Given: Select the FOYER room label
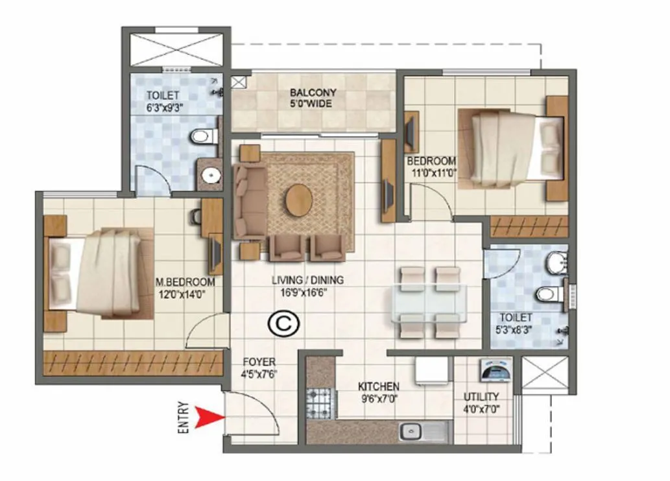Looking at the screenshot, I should tap(259, 362).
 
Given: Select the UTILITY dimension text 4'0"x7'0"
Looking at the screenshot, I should tap(481, 409).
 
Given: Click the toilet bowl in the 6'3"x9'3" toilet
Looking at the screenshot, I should tap(204, 137).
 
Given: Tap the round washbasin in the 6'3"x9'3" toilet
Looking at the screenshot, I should tap(209, 174).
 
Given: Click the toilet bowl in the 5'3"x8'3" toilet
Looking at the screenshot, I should tap(549, 294).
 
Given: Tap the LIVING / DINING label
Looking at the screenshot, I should tap(307, 281).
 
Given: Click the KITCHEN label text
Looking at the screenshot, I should tap(379, 386).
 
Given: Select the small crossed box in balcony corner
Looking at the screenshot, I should tap(239, 82).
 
